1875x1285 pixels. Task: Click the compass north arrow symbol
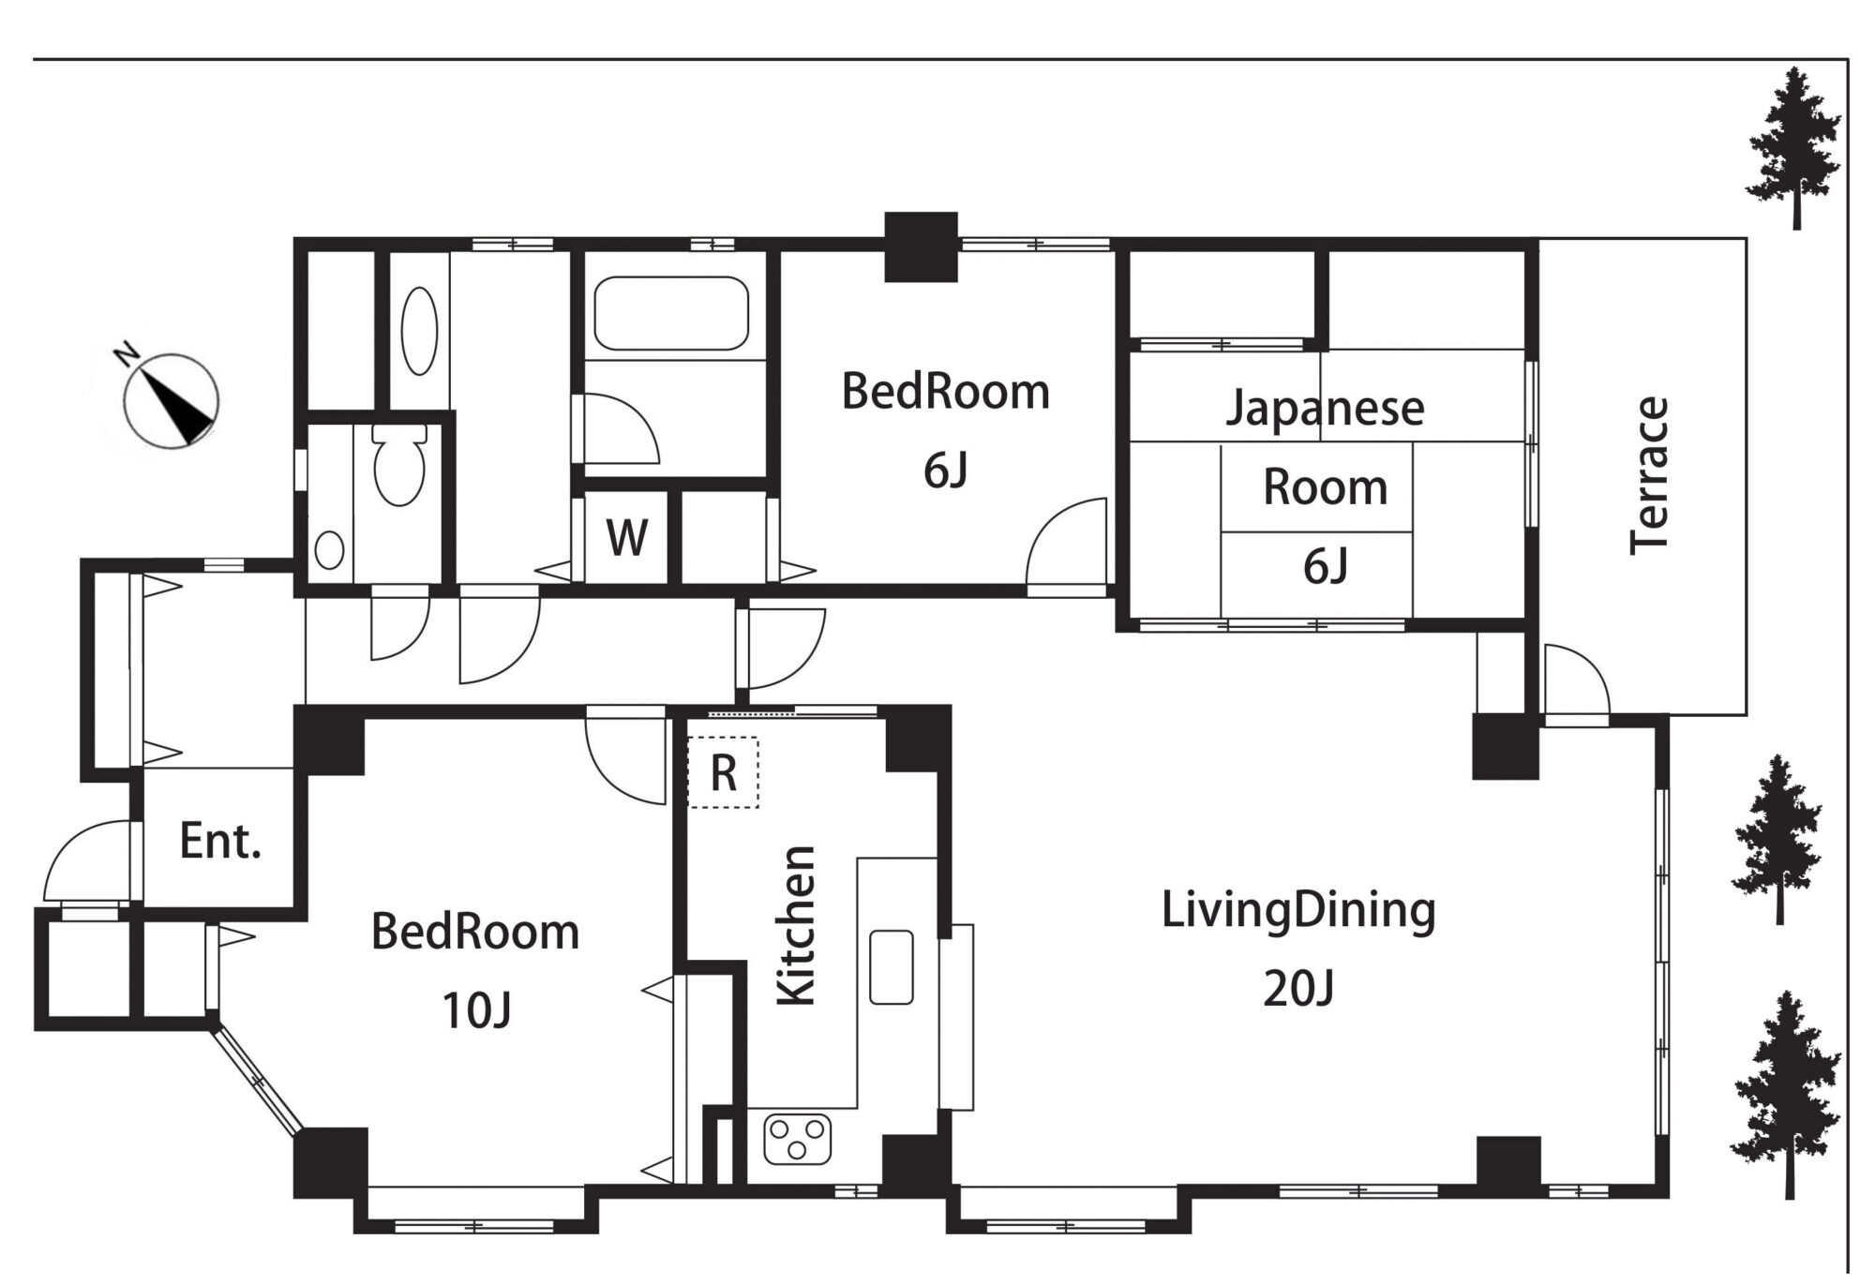171,401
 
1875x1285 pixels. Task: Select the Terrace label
1649,475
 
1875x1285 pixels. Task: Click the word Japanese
1325,409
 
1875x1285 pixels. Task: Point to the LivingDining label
1298,911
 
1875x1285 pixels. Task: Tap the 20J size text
1298,988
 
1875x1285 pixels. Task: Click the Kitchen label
798,927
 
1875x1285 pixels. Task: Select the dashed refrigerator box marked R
723,772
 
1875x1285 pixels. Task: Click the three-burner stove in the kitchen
798,1139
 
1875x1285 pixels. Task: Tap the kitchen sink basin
891,967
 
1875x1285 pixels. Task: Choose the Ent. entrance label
220,841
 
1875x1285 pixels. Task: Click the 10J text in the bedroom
476,1010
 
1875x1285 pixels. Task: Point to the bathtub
671,313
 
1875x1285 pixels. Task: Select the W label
627,538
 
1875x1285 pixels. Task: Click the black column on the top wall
922,247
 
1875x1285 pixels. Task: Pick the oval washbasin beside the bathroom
419,330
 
